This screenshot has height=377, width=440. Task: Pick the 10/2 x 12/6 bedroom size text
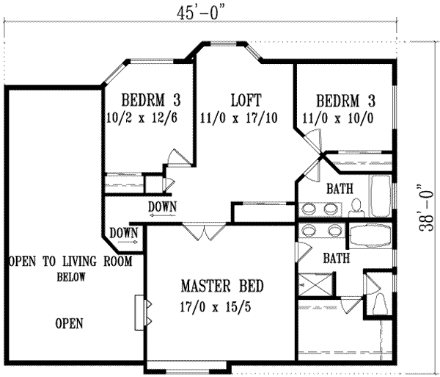(x=147, y=118)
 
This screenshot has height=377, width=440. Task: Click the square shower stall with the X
(x=313, y=283)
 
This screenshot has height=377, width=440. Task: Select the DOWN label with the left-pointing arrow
(x=161, y=207)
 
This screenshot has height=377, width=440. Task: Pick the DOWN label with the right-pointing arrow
(x=123, y=234)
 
